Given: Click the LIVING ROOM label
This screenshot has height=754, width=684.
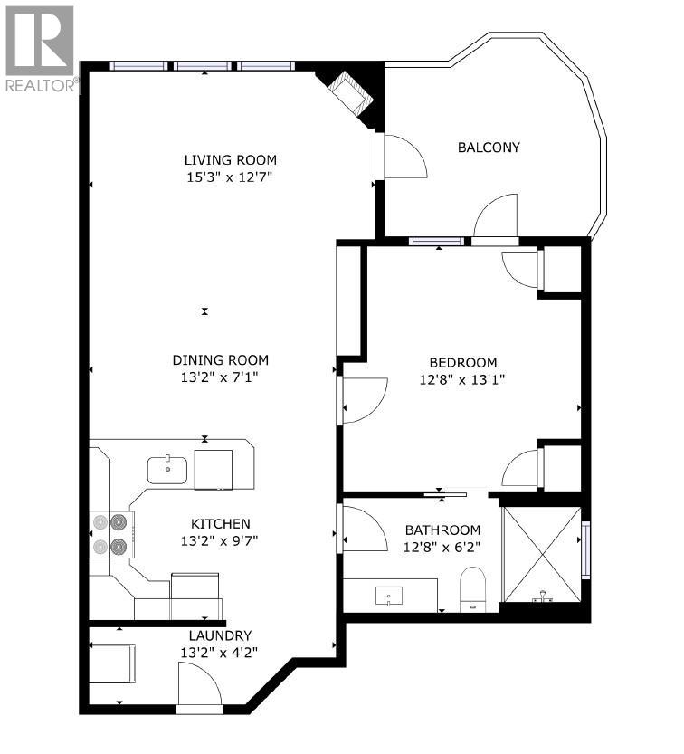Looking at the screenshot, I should [230, 160].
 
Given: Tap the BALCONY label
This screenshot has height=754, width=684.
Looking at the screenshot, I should [489, 148].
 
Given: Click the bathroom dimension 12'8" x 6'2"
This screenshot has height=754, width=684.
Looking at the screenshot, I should [442, 547].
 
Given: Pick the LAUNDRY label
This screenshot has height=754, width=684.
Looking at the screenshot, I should [220, 635].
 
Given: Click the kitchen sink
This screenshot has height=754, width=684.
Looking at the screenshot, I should [167, 471].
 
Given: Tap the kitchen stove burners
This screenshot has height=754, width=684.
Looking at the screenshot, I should [110, 534].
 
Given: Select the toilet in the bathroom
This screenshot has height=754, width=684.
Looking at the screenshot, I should [472, 588].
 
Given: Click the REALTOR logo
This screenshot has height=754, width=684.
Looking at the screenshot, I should [41, 50].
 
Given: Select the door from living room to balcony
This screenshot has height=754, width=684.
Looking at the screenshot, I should [402, 156].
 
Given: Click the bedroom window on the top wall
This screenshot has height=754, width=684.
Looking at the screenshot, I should [437, 242].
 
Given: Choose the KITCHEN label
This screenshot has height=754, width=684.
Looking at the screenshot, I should [220, 524].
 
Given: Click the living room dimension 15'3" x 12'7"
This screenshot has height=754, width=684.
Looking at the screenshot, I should [230, 177].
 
